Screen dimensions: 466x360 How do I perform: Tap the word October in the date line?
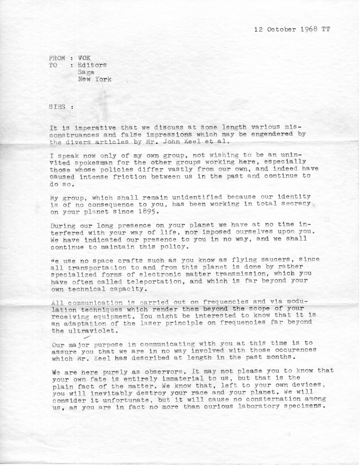282,29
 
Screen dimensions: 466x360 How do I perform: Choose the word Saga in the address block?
86,72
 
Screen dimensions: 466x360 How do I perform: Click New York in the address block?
94,79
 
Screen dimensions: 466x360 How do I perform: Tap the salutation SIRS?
58,107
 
